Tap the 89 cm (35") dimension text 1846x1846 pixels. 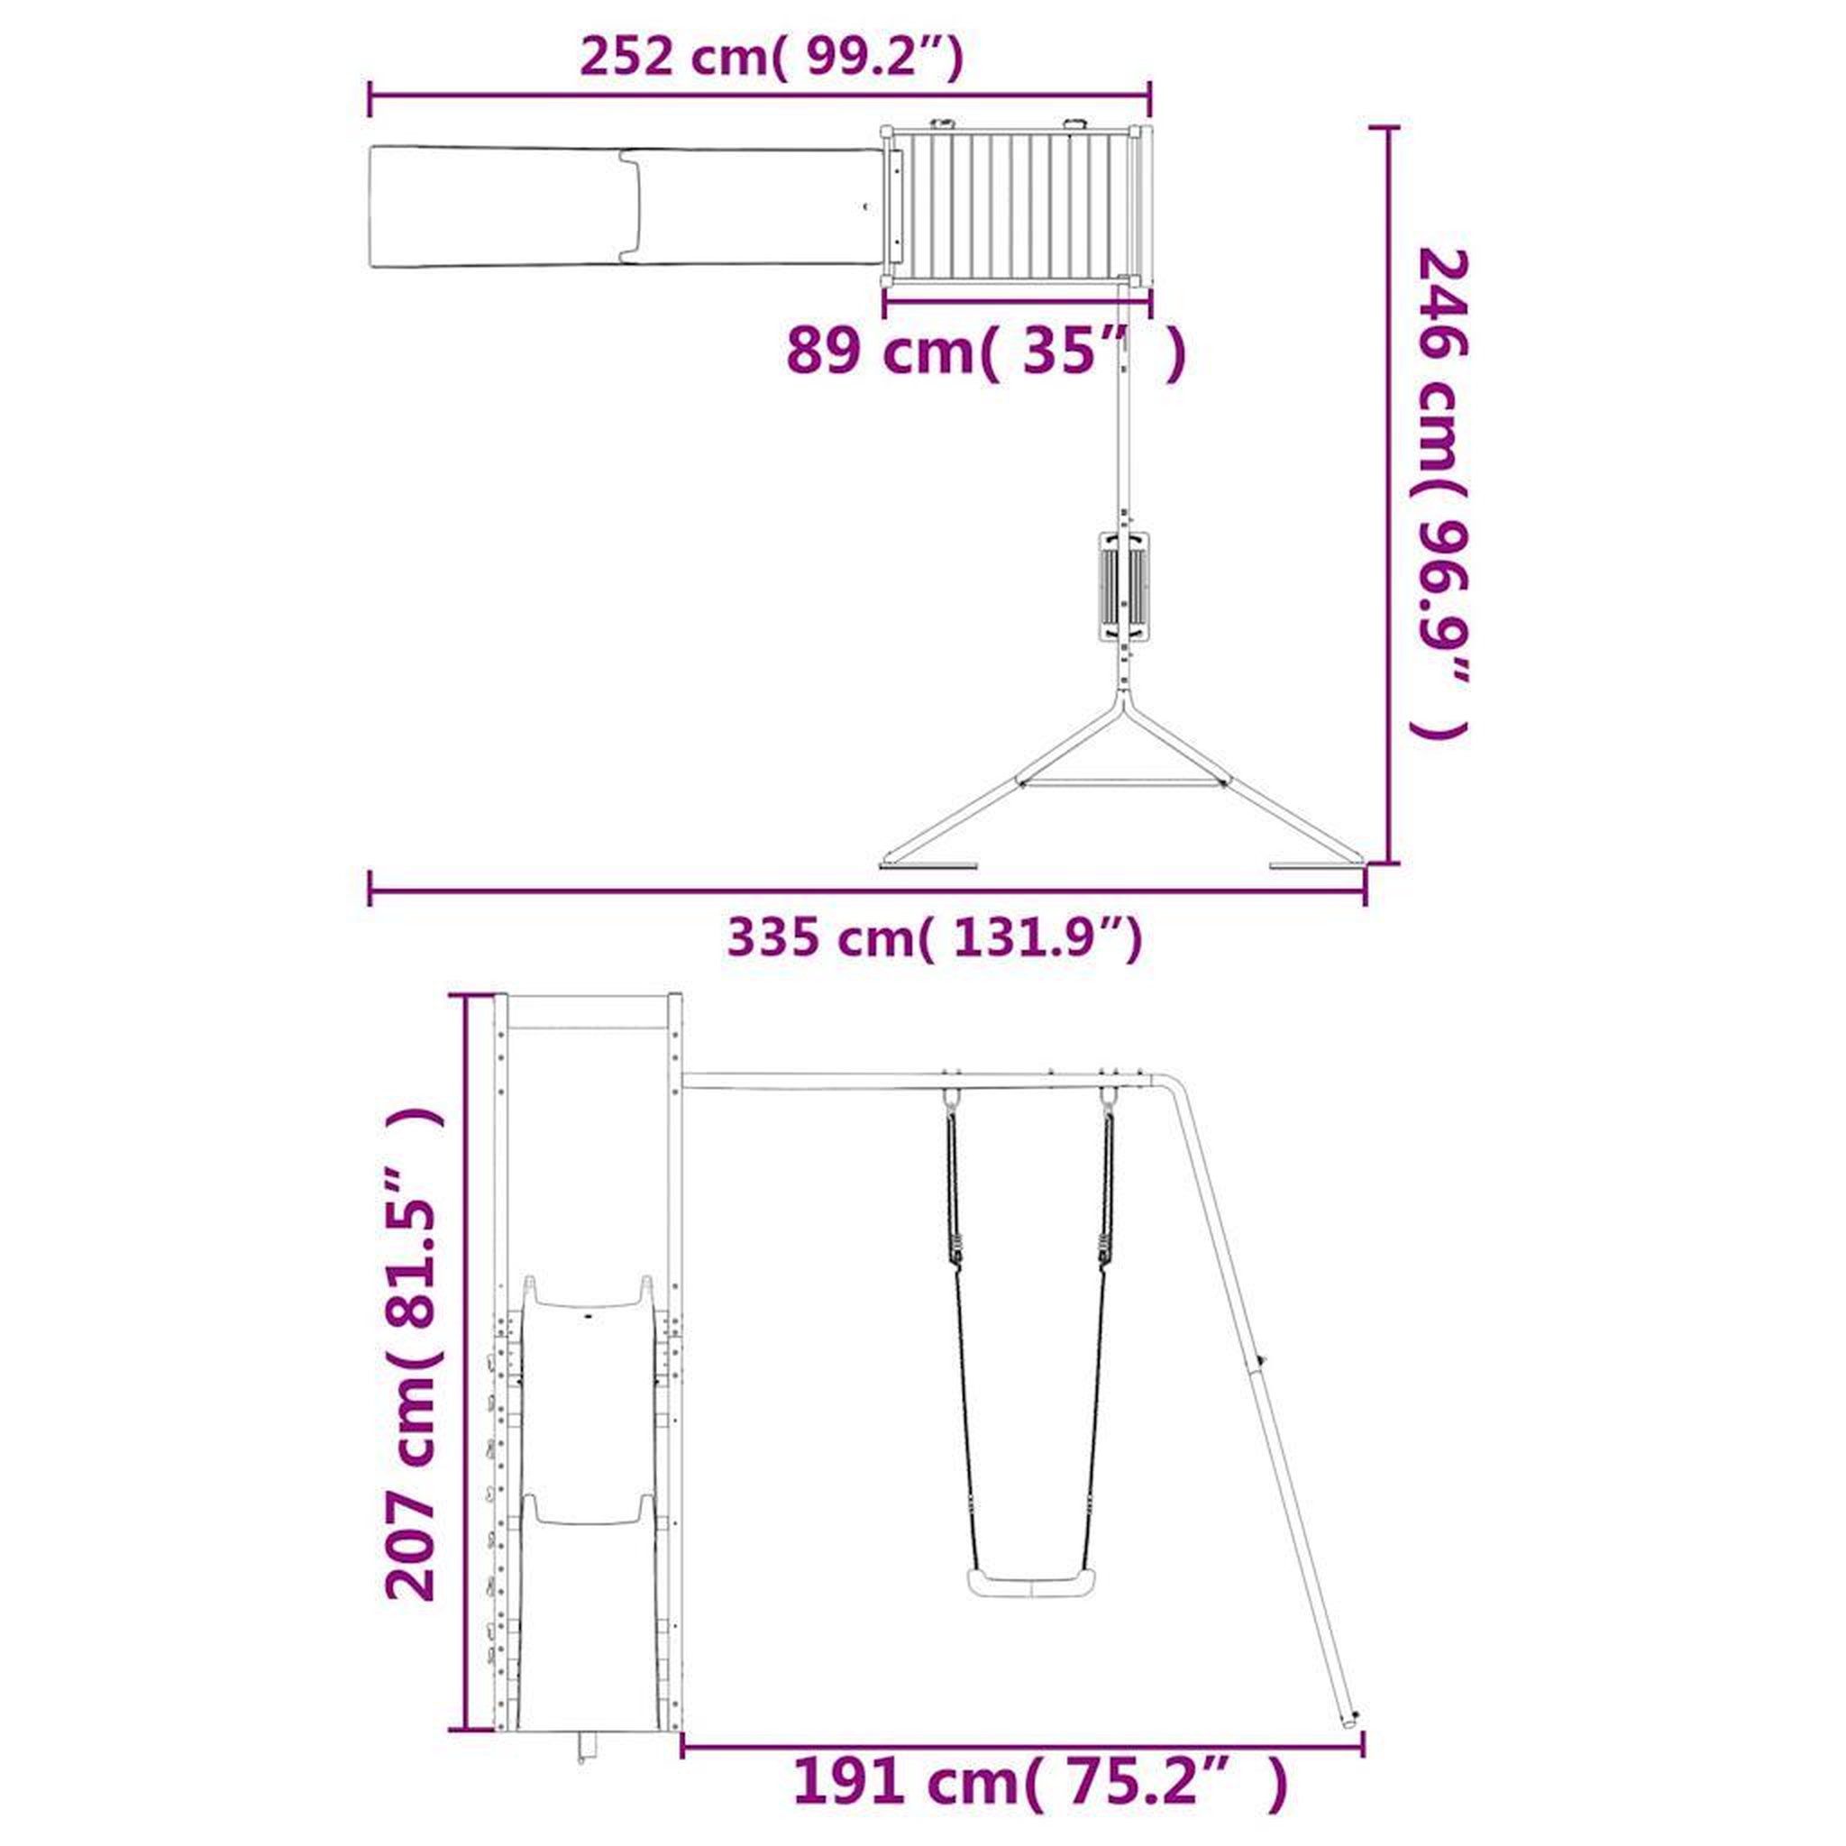pos(987,352)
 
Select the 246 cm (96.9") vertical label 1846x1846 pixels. pos(1439,495)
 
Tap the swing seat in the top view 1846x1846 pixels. pos(1125,584)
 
